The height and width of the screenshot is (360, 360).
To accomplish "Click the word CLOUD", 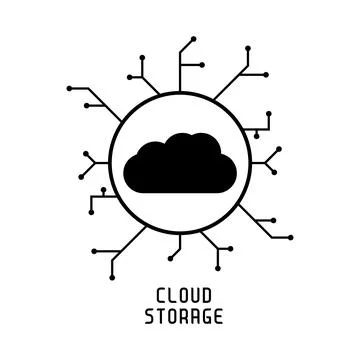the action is [x=180, y=297].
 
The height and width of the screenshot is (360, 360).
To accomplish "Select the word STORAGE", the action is [x=180, y=318].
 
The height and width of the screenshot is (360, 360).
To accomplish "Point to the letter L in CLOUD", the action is [x=169, y=297].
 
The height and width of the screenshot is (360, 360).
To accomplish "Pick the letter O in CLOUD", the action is [x=180, y=297].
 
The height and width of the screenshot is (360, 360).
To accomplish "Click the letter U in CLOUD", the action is [x=191, y=297].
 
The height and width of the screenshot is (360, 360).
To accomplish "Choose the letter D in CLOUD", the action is [x=202, y=297].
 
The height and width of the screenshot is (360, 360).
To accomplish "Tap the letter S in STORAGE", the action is [x=147, y=318].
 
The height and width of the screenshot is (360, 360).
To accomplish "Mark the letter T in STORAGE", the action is [x=158, y=318].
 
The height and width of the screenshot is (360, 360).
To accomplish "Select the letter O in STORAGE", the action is [x=169, y=318].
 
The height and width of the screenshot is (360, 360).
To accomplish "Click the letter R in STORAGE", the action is [x=180, y=318].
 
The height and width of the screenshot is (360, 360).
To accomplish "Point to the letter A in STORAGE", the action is [x=191, y=318].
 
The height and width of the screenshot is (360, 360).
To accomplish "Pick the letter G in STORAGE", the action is [x=202, y=318].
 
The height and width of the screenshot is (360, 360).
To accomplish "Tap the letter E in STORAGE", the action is [x=213, y=318].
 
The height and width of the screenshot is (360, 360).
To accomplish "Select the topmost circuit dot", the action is [x=194, y=39].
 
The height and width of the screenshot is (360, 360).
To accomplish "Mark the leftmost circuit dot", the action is [x=68, y=88].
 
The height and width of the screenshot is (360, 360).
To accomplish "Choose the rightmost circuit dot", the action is [x=290, y=237].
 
